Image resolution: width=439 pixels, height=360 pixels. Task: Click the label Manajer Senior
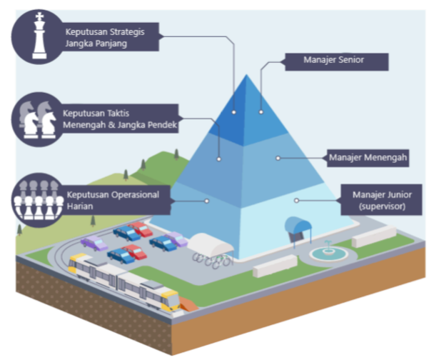point(335,60)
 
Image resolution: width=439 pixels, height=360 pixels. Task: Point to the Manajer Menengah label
point(368,156)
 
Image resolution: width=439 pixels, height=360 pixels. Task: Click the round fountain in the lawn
point(326,252)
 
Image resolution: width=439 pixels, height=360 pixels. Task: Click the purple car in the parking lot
point(94,244)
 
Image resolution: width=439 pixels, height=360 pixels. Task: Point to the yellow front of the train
point(170,299)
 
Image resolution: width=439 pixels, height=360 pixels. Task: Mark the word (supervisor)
point(382,206)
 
